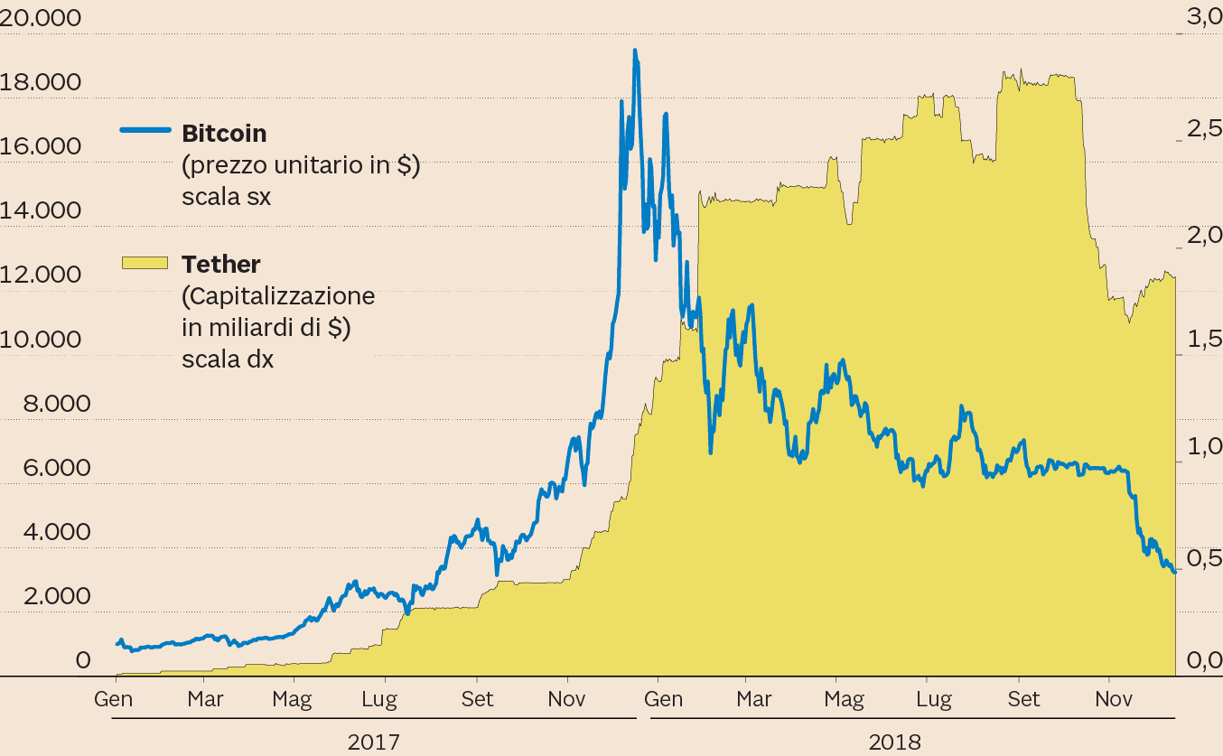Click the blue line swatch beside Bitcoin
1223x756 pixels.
[145, 130]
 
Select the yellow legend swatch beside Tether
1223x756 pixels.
[145, 262]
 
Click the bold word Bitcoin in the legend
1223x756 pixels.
[224, 134]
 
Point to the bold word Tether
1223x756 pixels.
[221, 265]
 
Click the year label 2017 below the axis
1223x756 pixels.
[374, 742]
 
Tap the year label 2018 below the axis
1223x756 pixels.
[894, 742]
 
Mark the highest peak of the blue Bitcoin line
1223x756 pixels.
[635, 51]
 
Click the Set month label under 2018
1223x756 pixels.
[1023, 699]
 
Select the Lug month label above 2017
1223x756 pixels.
[386, 699]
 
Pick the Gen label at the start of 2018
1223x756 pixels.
[663, 699]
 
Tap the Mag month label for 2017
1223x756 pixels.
[292, 699]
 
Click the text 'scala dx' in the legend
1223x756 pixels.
[228, 359]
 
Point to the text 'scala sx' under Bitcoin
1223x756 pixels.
[226, 197]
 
